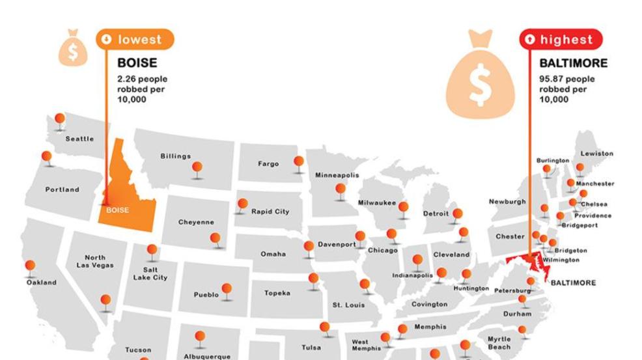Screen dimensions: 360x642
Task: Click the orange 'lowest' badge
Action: (x=135, y=40)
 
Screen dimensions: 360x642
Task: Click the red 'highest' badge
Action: (x=560, y=40)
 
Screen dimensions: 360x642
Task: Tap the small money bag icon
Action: (x=73, y=48)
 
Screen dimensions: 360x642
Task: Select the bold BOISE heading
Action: (x=137, y=63)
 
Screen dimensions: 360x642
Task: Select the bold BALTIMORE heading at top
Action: (x=573, y=63)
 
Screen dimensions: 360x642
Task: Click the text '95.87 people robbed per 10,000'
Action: (x=566, y=89)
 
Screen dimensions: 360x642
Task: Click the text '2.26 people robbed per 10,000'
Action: (x=142, y=89)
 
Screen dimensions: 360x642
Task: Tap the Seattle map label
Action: (x=79, y=139)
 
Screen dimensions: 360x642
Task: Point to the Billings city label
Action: (x=176, y=156)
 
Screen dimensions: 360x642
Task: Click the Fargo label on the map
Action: (x=268, y=164)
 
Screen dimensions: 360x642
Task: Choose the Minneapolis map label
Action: (x=337, y=175)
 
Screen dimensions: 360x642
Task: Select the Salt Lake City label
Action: (x=150, y=273)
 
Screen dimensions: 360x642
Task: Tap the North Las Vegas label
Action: (x=94, y=261)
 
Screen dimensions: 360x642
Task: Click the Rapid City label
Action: (x=270, y=212)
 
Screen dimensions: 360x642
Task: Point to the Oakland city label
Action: (x=41, y=283)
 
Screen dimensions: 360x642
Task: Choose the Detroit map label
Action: (x=436, y=214)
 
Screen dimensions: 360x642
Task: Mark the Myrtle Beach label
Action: (x=499, y=343)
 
